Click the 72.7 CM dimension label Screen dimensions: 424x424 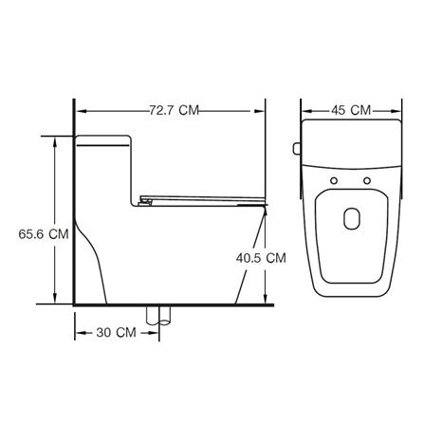click(x=175, y=110)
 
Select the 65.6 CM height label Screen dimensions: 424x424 click(x=44, y=234)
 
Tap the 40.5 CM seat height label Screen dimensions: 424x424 click(x=261, y=258)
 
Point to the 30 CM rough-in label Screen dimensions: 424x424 click(x=117, y=333)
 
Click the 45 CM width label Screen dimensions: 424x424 click(x=351, y=110)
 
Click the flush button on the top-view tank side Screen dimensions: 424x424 click(x=297, y=149)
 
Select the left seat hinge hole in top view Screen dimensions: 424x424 click(x=334, y=181)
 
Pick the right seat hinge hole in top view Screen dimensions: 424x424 click(x=367, y=181)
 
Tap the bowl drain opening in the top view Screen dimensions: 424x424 click(x=352, y=218)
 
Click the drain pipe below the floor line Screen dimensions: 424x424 click(x=158, y=316)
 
